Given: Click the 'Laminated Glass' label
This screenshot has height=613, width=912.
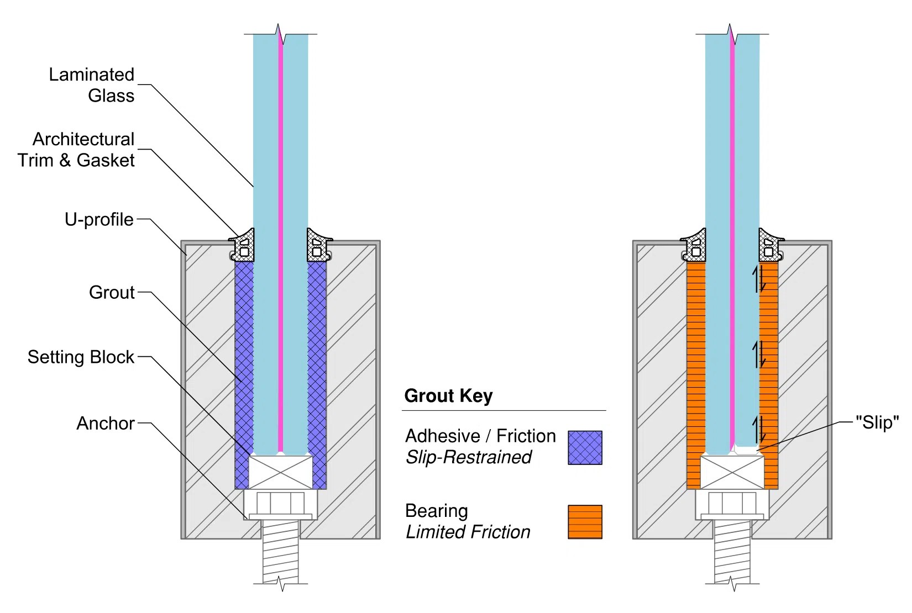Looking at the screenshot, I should coord(92,85).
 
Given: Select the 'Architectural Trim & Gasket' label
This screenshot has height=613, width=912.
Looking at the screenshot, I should coord(76,150).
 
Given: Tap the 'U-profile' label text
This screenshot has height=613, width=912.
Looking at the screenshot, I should coord(99,220).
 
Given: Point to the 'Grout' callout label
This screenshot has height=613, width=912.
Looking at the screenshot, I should coord(112,292).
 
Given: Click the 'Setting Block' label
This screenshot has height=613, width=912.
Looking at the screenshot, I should coord(81,357).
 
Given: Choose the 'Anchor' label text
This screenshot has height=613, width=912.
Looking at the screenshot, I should coord(105,424).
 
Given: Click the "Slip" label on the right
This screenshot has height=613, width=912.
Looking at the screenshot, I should coord(877,422).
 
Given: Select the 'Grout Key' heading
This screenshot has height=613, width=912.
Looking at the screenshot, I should coord(448,396).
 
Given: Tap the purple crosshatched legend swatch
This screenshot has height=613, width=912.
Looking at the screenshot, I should coord(585,448).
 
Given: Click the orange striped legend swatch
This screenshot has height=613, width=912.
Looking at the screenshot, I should coord(585,522).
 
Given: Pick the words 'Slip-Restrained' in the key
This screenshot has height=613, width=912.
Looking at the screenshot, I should coord(469,457).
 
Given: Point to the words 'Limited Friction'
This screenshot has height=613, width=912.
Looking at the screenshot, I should coord(468,532).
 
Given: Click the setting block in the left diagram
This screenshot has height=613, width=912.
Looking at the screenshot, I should coord(280,472).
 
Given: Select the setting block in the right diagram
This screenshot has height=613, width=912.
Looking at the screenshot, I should coord(732,472).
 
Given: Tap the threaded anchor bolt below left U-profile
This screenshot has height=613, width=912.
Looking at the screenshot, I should coord(280,552).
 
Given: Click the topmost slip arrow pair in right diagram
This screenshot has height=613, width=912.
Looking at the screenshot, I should coord(760,279).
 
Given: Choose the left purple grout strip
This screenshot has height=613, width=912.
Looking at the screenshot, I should coord(244,376).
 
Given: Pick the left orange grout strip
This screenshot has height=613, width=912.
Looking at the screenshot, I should coord(696,376).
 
